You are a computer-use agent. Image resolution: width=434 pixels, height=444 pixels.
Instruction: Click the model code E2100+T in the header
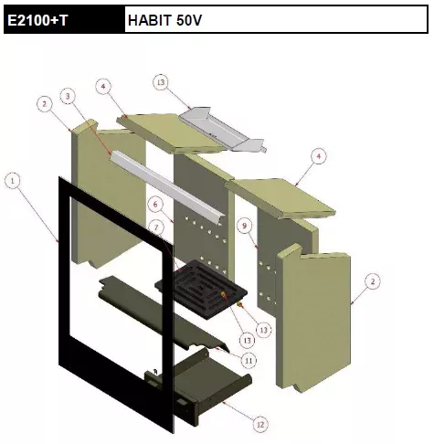37,20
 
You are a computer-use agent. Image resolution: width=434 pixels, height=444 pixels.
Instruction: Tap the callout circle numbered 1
13,181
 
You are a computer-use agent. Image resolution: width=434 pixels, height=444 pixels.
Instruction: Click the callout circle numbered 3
68,96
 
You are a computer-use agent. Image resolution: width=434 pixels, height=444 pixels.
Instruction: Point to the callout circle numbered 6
155,205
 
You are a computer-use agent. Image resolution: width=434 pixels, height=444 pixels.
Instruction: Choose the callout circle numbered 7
156,227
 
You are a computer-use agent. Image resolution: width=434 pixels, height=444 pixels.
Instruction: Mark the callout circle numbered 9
245,226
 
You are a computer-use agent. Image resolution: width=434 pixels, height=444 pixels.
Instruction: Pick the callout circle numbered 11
249,361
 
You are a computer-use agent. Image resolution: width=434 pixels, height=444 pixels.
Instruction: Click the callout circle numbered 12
260,425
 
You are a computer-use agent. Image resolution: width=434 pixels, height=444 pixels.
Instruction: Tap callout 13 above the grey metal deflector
161,82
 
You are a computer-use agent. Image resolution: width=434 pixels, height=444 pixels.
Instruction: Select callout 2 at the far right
373,281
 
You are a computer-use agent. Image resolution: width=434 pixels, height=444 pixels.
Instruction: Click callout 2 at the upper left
45,104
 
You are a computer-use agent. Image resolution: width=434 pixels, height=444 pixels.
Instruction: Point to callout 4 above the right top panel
319,156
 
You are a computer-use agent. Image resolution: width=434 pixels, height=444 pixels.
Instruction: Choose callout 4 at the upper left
103,87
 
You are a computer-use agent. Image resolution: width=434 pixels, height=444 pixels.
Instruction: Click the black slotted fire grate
201,290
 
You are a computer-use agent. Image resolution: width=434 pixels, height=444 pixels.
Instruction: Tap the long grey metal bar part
167,187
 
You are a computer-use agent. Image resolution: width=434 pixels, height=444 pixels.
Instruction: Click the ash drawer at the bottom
198,386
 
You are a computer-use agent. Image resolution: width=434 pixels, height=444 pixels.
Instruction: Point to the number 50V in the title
189,20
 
